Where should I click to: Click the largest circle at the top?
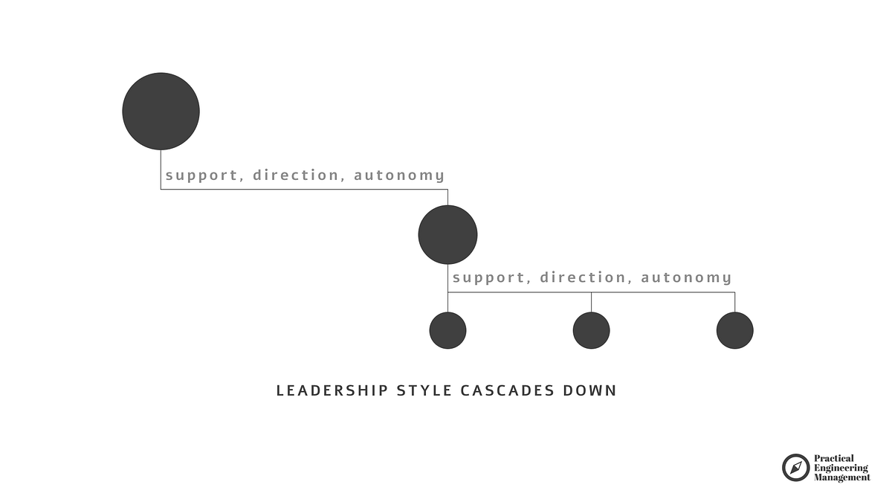(x=161, y=112)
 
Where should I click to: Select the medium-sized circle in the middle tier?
(x=447, y=235)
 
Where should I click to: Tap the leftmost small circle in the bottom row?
(x=447, y=330)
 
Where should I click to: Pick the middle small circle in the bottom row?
(x=591, y=330)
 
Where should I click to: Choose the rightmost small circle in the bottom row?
(x=734, y=330)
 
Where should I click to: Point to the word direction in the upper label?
(x=296, y=175)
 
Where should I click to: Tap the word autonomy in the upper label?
(x=399, y=176)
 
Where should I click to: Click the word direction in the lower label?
(x=583, y=277)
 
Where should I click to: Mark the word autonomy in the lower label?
(x=686, y=278)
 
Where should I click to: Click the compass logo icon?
(x=795, y=468)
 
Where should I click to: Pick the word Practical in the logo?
(x=834, y=459)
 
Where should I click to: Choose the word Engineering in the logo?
(x=841, y=468)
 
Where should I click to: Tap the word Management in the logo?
(x=842, y=477)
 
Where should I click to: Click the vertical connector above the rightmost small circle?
(x=734, y=302)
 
